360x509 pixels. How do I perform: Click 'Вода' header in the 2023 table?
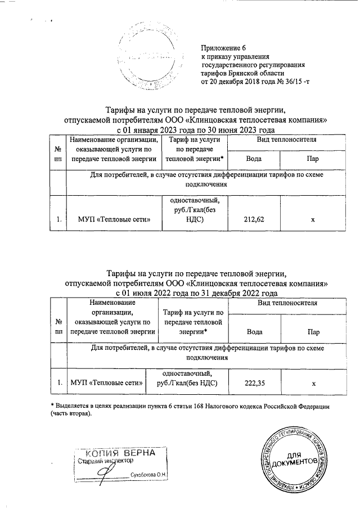(x=253, y=159)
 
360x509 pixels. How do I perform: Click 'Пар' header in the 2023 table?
(x=313, y=159)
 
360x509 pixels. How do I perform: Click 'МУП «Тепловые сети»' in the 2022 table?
(x=105, y=383)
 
